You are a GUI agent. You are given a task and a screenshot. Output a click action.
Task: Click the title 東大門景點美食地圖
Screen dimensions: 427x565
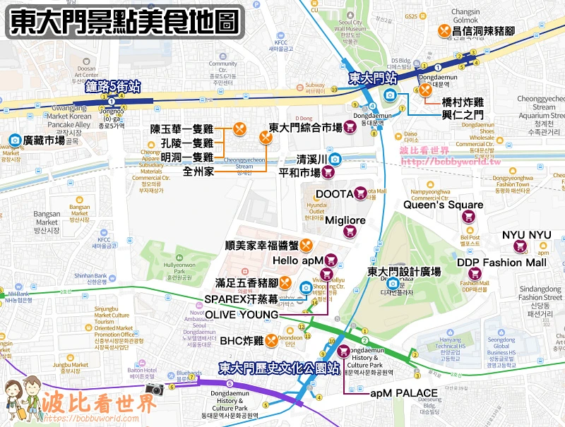point(124,22)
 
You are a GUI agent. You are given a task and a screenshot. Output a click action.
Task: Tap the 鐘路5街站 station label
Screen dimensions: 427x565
point(113,87)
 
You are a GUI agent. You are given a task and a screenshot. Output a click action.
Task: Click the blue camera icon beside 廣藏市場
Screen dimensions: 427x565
point(13,140)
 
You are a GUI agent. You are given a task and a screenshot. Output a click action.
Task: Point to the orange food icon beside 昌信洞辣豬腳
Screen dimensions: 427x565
point(444,31)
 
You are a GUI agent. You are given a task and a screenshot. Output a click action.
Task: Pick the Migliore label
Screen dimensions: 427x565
point(345,220)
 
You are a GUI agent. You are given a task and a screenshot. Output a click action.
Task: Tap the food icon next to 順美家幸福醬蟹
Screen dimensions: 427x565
point(306,246)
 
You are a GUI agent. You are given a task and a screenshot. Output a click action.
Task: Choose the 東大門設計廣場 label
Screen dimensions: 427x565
point(404,271)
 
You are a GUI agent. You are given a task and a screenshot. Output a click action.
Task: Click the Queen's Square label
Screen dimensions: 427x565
point(444,205)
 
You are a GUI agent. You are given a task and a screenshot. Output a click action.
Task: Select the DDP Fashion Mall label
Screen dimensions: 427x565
point(501,263)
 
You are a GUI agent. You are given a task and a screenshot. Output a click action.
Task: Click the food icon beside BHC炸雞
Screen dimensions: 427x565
point(270,341)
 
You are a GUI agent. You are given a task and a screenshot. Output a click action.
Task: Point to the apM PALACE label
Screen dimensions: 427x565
point(404,393)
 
